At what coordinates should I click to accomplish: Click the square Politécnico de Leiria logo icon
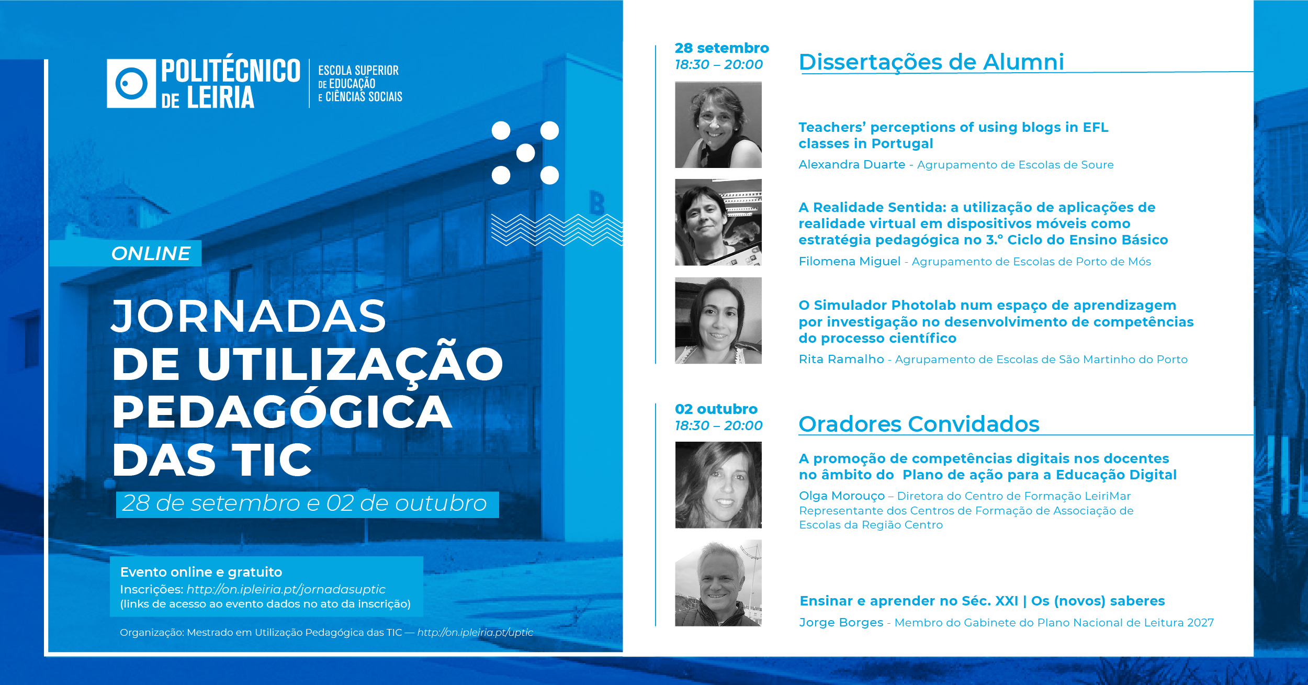click(x=131, y=83)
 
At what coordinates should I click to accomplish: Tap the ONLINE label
click(x=151, y=253)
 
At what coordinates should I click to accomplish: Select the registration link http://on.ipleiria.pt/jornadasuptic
click(x=286, y=589)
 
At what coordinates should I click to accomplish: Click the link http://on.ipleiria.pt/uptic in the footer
click(x=475, y=632)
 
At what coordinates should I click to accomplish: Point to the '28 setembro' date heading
click(x=721, y=48)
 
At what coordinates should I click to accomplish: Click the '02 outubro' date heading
click(x=716, y=409)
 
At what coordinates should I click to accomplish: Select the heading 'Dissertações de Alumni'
click(x=931, y=62)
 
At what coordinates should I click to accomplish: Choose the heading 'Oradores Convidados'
click(x=919, y=424)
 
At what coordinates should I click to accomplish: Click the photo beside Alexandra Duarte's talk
click(x=718, y=125)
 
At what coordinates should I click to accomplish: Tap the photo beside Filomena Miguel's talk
click(x=718, y=222)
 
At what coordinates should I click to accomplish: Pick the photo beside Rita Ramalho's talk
click(x=718, y=320)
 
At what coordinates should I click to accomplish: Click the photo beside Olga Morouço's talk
click(x=718, y=485)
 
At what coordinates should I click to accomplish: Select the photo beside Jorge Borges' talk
click(x=718, y=583)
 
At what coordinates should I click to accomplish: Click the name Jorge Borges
click(x=841, y=623)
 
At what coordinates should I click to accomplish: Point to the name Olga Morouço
click(x=842, y=496)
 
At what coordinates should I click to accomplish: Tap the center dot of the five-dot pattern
click(x=525, y=153)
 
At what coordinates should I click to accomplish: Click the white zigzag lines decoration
click(x=557, y=230)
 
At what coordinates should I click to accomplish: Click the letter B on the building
click(x=597, y=203)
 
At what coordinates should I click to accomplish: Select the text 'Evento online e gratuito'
click(x=201, y=572)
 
